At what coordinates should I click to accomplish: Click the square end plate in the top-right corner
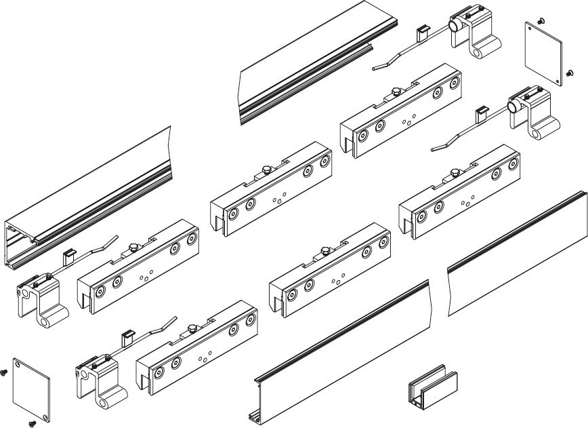(x=546, y=54)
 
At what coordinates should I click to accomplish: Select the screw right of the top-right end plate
(x=569, y=71)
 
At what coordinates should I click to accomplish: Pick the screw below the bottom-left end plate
(x=31, y=423)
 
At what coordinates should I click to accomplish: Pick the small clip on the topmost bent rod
(x=421, y=31)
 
